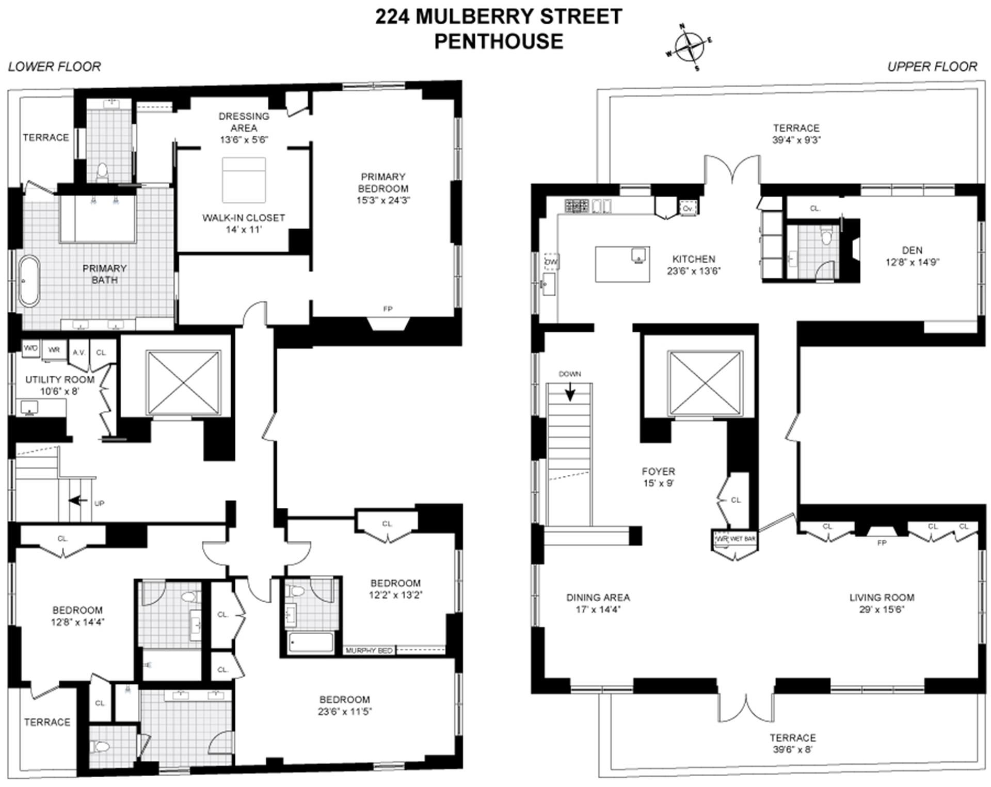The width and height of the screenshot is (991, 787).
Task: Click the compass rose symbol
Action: (x=690, y=47)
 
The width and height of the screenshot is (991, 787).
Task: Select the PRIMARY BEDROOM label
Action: (x=382, y=183)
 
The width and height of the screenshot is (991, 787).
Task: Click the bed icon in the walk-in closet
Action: (x=244, y=180)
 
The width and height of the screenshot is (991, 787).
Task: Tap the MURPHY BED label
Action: (x=369, y=650)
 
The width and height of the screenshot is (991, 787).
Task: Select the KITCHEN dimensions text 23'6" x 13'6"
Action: (x=693, y=271)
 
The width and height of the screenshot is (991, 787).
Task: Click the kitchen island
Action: (x=622, y=264)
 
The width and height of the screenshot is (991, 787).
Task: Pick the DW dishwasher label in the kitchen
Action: (x=551, y=262)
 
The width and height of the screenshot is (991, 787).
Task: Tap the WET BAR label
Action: (x=742, y=539)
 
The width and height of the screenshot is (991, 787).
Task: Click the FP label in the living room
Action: (x=882, y=543)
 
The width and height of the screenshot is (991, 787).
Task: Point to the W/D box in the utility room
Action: (x=30, y=348)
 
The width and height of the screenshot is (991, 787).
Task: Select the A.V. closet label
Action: (x=78, y=352)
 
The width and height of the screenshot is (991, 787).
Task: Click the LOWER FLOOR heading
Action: (x=54, y=67)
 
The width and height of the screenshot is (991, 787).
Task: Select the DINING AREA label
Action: (x=598, y=597)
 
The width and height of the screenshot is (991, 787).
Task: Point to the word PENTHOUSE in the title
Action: (x=498, y=41)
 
